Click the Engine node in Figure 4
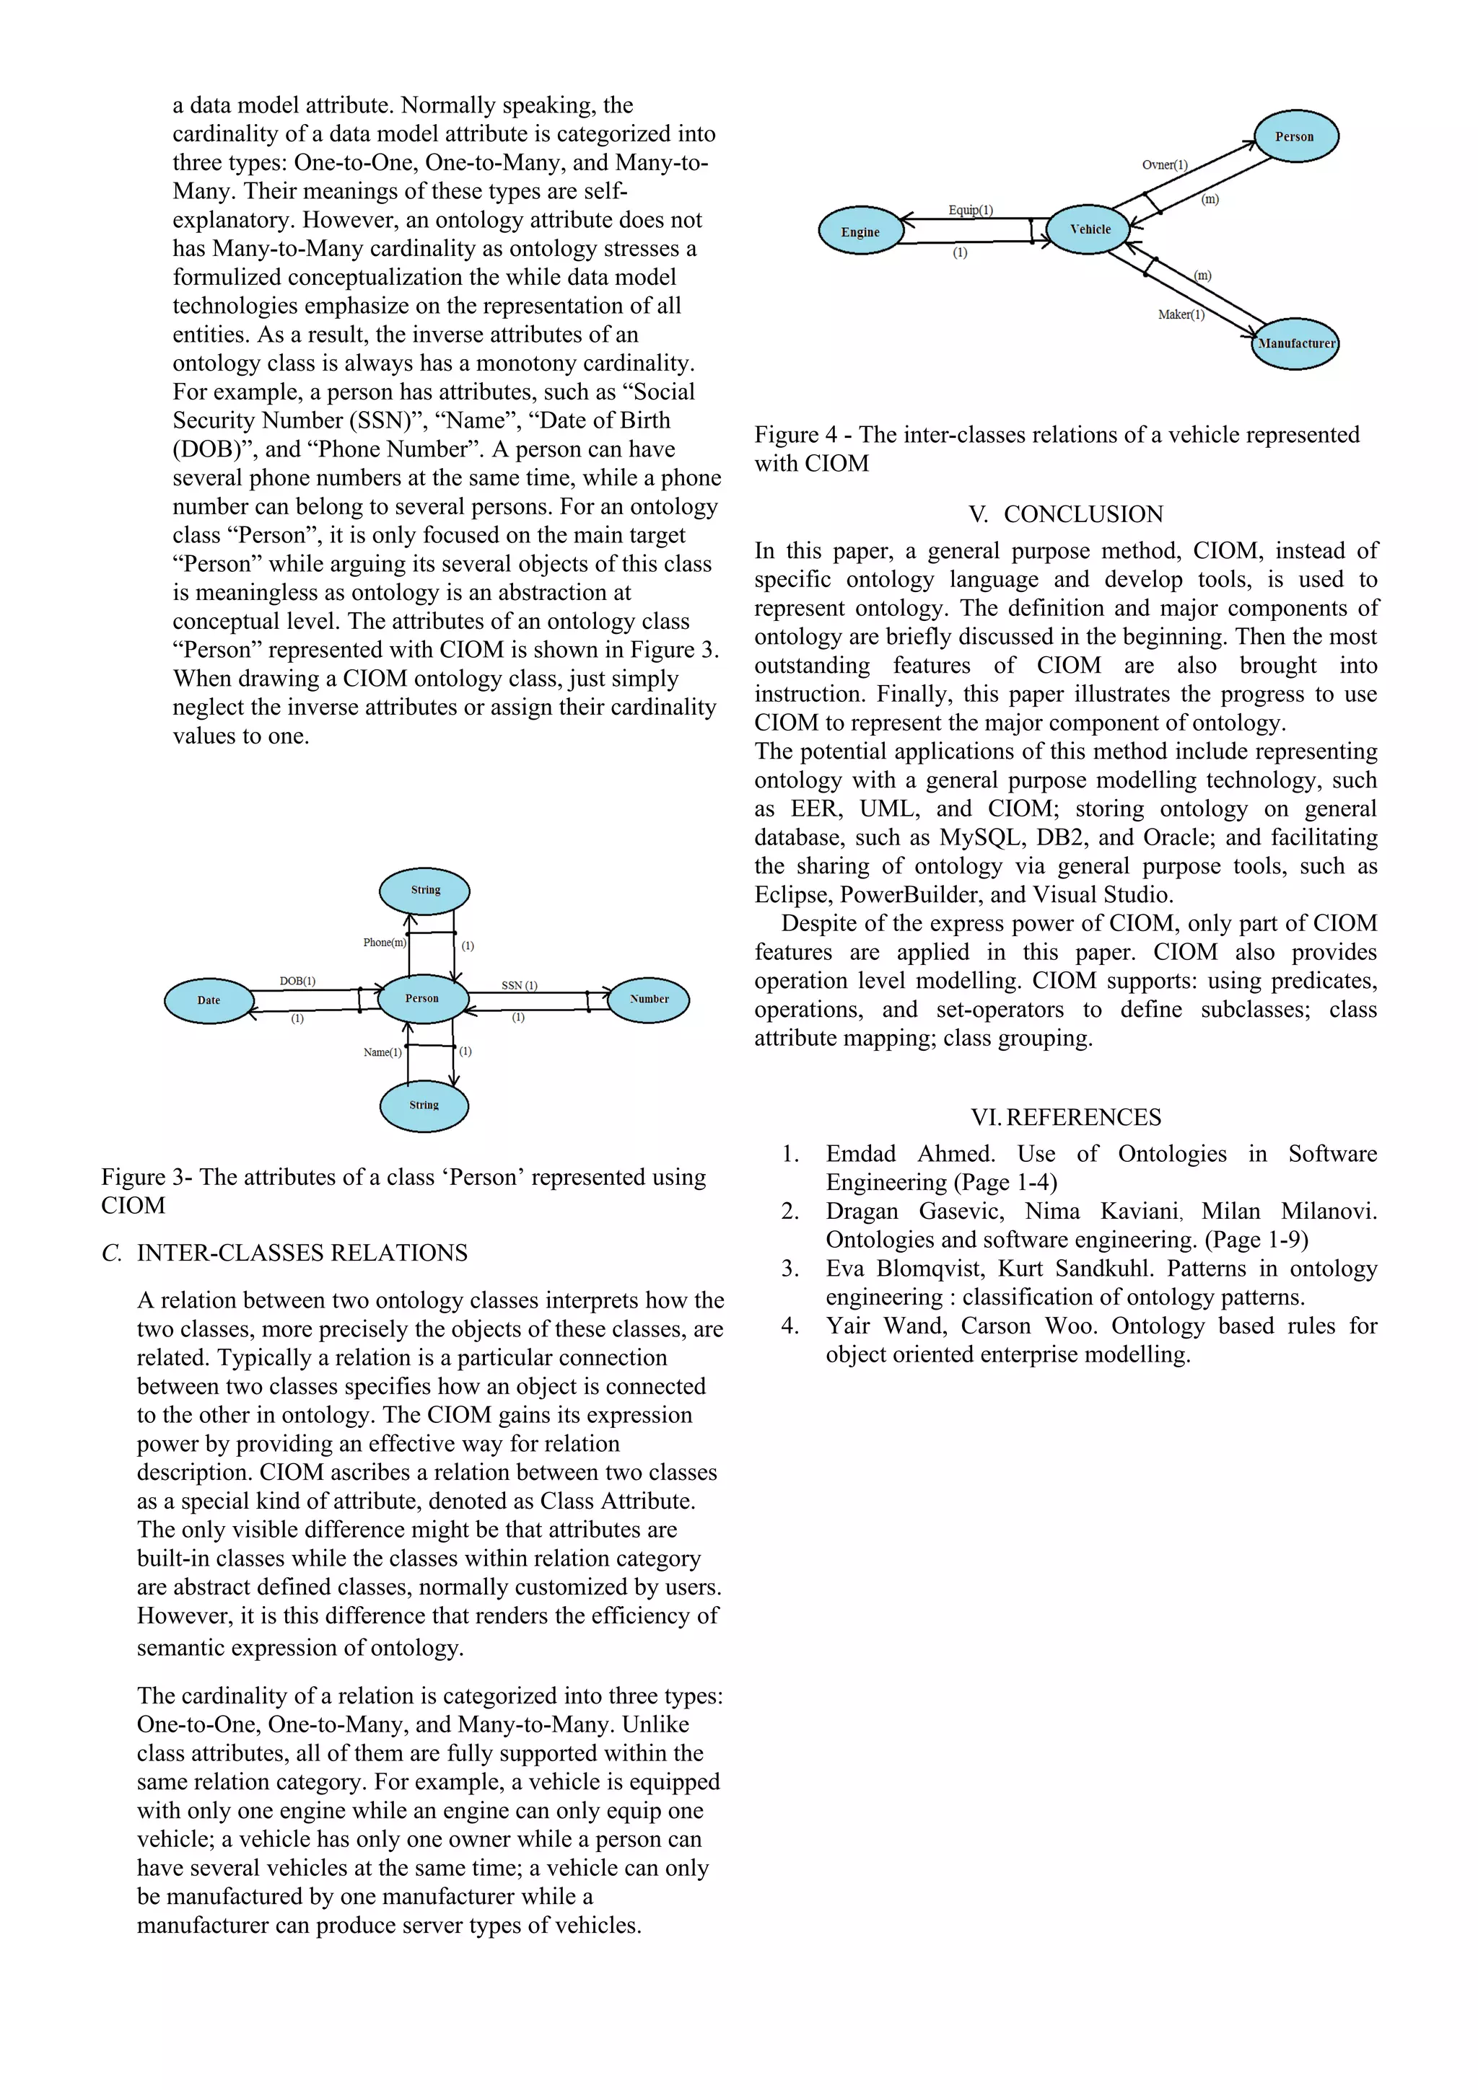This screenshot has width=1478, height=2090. tap(860, 232)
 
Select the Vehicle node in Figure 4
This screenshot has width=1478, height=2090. tap(1089, 229)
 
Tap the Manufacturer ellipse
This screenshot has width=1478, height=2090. tap(1295, 343)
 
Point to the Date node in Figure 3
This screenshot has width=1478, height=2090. tap(209, 1000)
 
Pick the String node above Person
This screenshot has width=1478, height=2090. tap(424, 889)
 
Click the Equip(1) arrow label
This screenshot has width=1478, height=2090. tap(971, 211)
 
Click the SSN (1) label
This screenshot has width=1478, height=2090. tap(519, 985)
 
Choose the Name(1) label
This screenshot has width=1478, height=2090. tap(382, 1052)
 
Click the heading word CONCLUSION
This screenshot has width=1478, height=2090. tap(1083, 514)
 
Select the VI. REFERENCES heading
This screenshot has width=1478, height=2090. tap(1064, 1117)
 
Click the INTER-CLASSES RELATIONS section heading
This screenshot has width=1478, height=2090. tap(302, 1253)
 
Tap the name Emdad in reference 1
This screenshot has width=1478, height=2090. tap(860, 1153)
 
